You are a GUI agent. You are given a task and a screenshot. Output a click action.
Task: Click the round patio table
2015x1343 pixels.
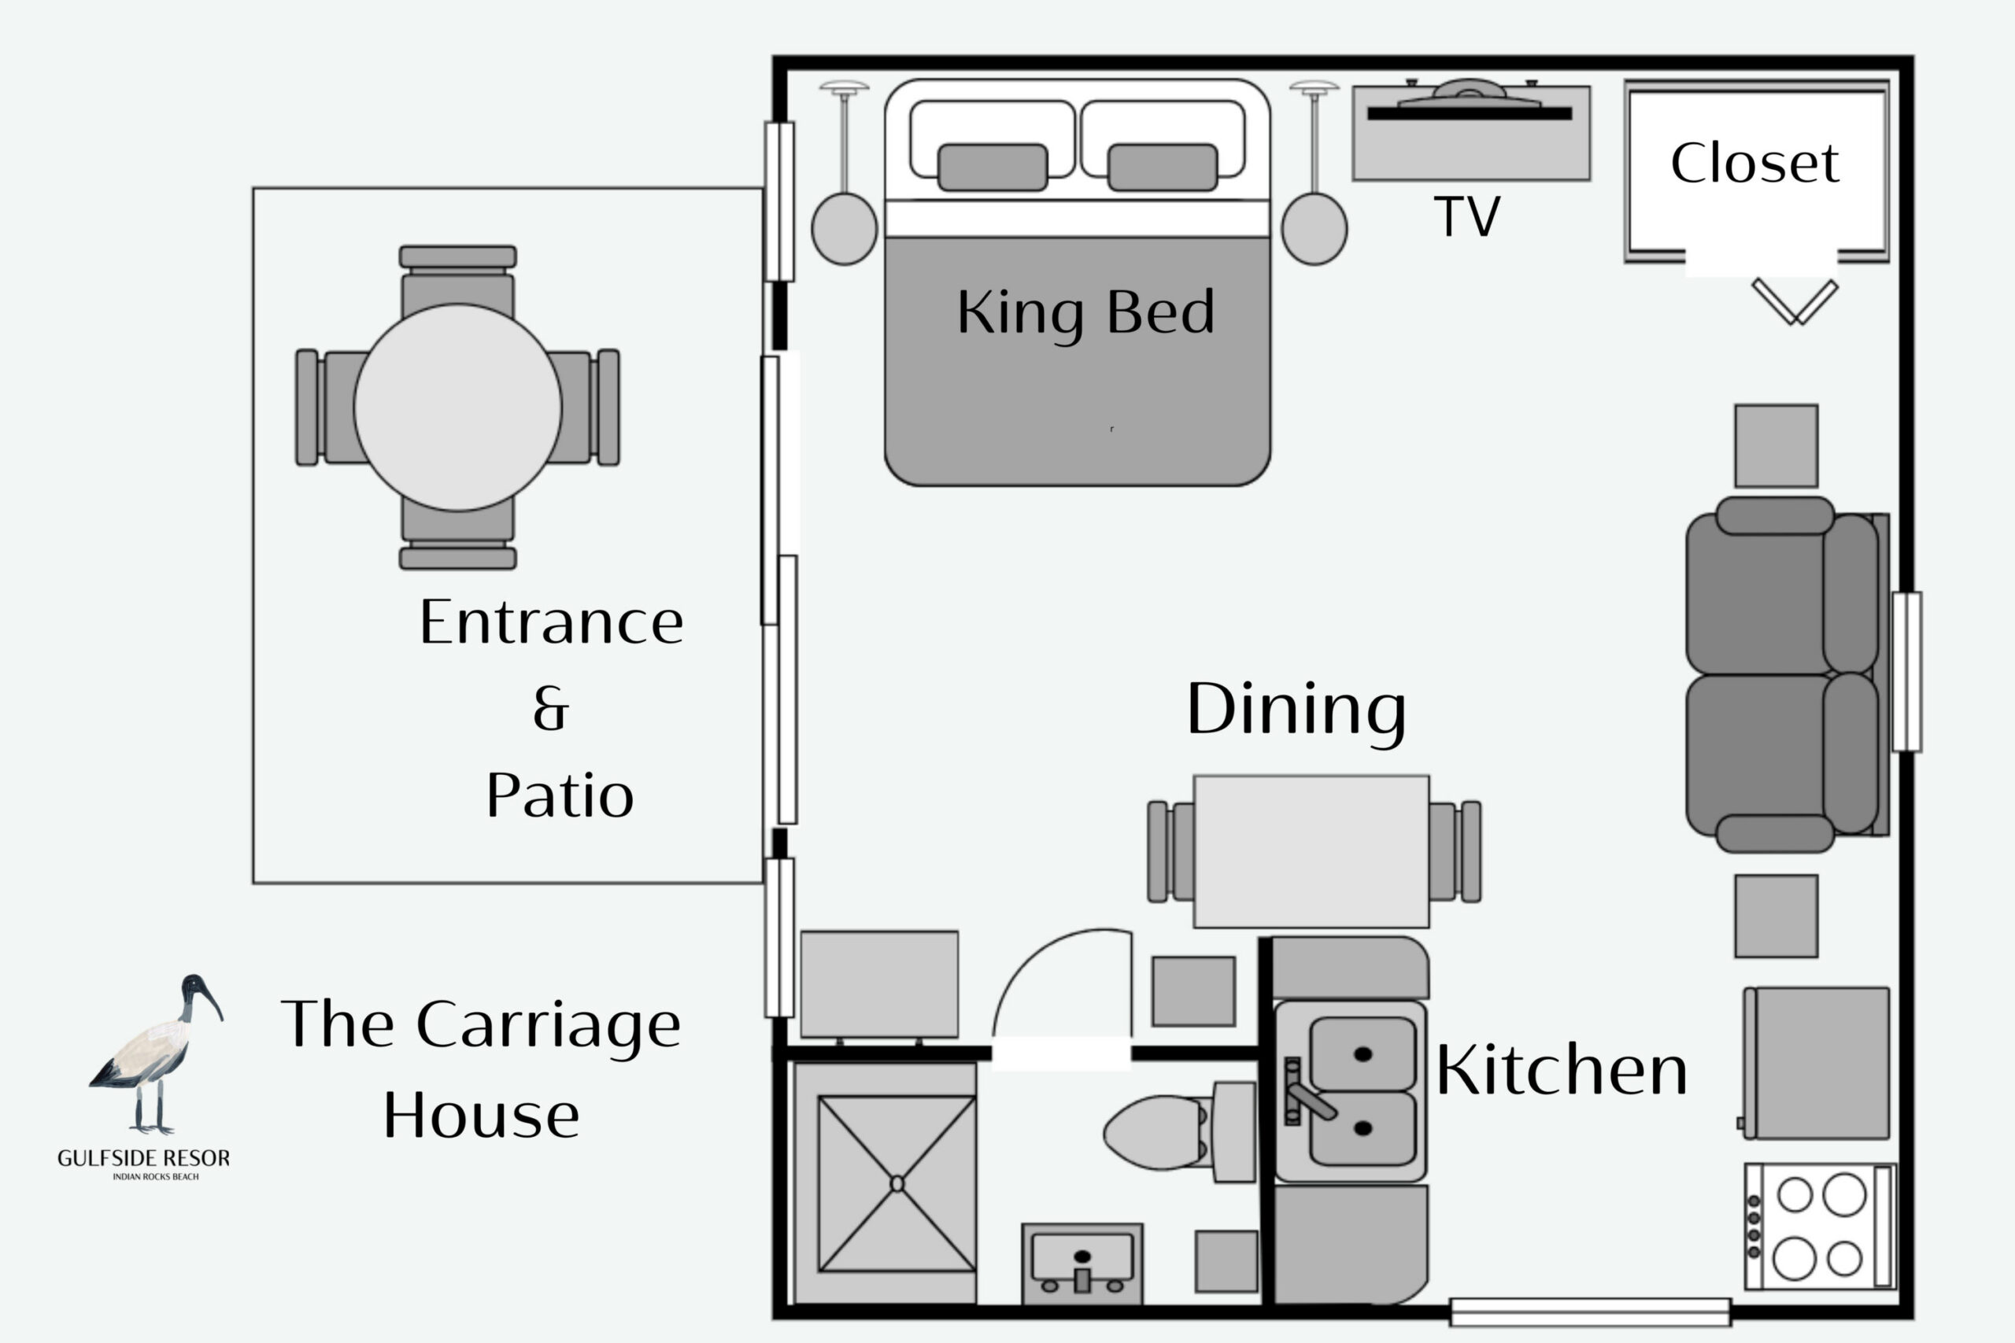pos(457,408)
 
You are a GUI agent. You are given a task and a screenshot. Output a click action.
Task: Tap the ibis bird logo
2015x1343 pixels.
pos(157,1054)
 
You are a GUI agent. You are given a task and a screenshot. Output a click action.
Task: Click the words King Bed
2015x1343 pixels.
pos(1085,313)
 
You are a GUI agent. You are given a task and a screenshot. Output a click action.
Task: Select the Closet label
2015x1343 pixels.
pos(1754,163)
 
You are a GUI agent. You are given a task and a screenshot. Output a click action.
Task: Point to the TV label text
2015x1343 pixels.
pos(1466,216)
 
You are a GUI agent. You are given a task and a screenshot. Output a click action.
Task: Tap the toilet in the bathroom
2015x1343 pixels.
pos(1179,1131)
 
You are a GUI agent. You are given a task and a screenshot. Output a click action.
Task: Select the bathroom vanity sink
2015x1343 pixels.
pos(1082,1264)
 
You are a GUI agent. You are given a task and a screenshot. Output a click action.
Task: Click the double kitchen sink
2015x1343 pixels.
pos(1351,1091)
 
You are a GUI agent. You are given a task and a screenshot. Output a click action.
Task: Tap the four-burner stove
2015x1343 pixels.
pos(1820,1227)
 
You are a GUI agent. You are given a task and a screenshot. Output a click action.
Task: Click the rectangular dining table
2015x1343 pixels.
pos(1311,851)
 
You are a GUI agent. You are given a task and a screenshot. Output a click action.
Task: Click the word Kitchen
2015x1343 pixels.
pos(1562,1070)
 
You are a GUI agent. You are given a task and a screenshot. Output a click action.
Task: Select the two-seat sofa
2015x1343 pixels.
pos(1787,674)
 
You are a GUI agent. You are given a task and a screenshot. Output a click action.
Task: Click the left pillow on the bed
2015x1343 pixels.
pos(992,167)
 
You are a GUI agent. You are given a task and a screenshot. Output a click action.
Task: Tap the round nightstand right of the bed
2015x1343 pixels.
pos(1314,229)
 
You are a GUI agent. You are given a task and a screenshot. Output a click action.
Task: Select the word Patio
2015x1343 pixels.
pos(560,795)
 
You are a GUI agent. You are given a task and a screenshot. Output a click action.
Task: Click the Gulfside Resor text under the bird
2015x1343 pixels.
pos(144,1158)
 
